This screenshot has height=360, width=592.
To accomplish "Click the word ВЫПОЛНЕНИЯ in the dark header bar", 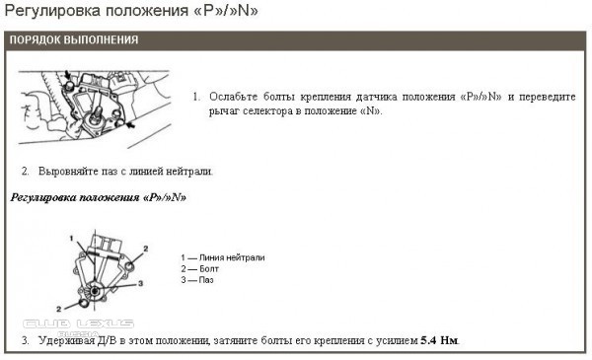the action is point(101,39).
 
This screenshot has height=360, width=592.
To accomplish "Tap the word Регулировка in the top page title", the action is point(52,11).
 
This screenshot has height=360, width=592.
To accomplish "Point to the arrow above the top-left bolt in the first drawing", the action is point(67,74).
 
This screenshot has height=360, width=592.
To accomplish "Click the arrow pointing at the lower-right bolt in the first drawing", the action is point(130,123).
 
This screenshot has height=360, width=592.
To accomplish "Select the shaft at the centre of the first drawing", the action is point(99,112).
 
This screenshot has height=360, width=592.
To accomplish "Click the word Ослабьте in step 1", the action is point(233,97).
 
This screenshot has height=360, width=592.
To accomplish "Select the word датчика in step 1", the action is point(377,97).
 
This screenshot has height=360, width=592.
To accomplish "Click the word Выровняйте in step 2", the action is point(68,172).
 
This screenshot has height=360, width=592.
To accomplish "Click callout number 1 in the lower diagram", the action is point(71,238).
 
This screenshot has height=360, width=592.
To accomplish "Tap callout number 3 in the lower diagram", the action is point(140,283).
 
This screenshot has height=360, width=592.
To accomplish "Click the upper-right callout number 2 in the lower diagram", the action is point(146,249).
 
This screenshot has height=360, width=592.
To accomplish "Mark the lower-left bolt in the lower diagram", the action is point(84,302).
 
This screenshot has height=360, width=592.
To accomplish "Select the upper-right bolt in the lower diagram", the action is point(128,266).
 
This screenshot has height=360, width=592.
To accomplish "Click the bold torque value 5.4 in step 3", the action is point(428,340).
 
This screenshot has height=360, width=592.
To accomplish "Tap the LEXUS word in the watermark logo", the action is point(105,324).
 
